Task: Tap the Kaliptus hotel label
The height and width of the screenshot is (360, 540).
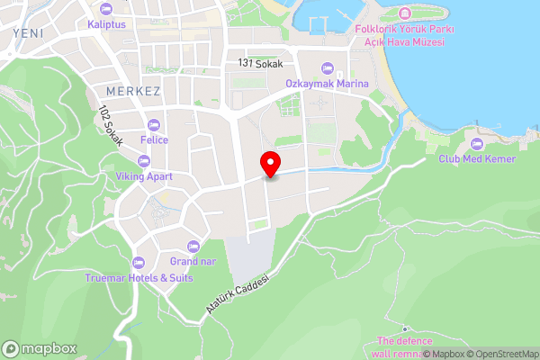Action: tap(106, 24)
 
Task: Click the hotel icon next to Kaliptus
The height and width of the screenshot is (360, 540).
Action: tap(106, 9)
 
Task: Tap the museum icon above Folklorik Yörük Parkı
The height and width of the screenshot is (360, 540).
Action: tap(404, 13)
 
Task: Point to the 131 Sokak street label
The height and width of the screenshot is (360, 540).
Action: tap(261, 63)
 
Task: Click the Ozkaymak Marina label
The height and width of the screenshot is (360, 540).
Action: tap(328, 84)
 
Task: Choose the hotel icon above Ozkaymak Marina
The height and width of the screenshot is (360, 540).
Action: tap(328, 68)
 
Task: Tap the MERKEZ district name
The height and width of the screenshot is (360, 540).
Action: tap(132, 93)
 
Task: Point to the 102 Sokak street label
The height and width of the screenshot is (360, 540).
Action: tap(110, 125)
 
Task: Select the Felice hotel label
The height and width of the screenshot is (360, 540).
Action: tap(155, 140)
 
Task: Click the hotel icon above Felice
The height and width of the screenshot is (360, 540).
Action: tap(154, 125)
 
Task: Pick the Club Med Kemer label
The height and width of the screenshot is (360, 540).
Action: tap(476, 159)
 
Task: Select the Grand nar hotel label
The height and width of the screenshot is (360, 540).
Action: tap(192, 262)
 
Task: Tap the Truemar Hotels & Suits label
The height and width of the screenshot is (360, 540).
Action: tap(139, 278)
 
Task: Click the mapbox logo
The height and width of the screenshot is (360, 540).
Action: tap(40, 348)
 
